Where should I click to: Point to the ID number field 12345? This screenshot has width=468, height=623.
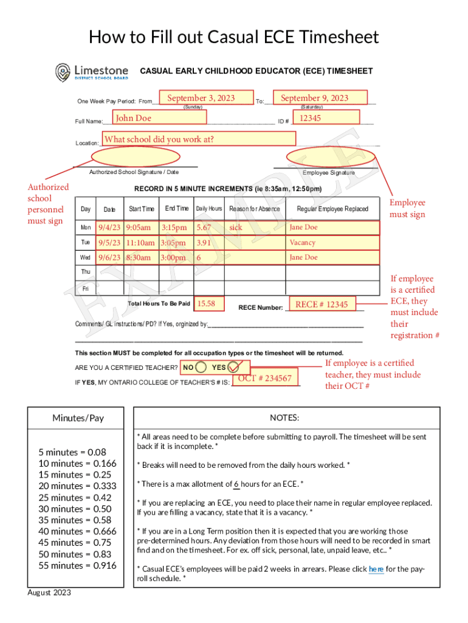coord(326,117)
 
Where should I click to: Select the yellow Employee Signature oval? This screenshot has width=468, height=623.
coord(322,158)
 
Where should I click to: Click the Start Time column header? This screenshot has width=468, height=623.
coord(141,209)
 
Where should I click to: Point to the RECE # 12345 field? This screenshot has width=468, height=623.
coord(323,304)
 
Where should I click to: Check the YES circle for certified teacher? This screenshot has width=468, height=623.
coord(237,367)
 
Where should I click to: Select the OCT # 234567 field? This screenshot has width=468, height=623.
coord(266,378)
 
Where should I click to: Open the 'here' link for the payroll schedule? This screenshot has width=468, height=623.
coord(376,569)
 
